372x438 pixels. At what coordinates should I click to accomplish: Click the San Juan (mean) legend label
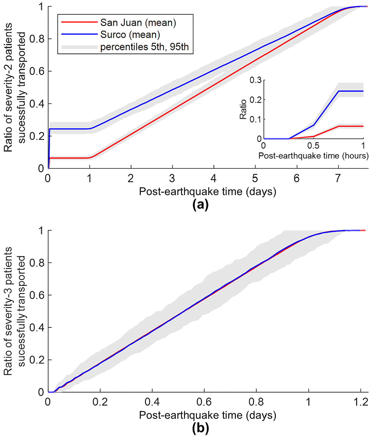[x=138, y=23]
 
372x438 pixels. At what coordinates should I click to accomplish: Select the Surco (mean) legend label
[x=130, y=35]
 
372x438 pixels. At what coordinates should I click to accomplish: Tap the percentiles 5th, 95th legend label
[x=144, y=47]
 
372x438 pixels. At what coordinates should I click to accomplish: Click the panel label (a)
[x=200, y=205]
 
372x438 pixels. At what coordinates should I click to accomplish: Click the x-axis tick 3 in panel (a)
[x=172, y=179]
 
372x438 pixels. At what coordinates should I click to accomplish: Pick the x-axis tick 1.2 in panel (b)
[x=360, y=403]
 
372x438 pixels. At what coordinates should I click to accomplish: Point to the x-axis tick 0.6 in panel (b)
[x=204, y=403]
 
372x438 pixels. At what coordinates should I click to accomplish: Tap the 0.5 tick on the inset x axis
[x=313, y=146]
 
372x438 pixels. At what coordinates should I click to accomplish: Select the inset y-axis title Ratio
[x=243, y=109]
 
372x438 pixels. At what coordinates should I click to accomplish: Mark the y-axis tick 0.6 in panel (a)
[x=37, y=71]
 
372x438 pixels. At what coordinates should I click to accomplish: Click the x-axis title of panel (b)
[x=207, y=415]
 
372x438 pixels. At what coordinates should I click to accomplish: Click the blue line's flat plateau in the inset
[x=351, y=91]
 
